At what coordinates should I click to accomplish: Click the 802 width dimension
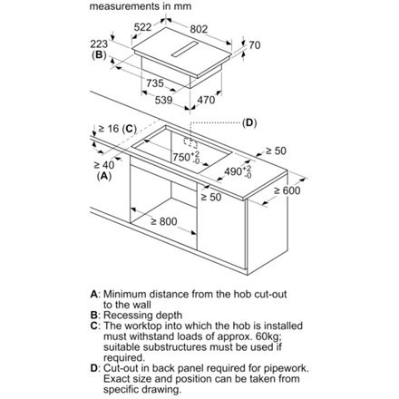pos(199,29)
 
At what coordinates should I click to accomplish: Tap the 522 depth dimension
pos(142,27)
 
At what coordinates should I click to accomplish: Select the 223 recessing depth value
pos(99,44)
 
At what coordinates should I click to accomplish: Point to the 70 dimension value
pos(255,45)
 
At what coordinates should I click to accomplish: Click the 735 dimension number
pos(155,83)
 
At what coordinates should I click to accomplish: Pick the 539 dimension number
pos(163,100)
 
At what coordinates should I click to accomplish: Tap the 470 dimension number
pos(206,100)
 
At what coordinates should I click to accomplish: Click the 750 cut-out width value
pos(181,157)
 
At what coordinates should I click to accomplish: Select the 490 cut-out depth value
pos(233,171)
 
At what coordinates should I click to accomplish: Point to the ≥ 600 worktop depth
pos(287,190)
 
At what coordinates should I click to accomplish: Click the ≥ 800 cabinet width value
pos(164,221)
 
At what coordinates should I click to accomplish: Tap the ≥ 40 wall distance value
pos(104,165)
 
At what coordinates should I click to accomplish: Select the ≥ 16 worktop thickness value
pos(109,129)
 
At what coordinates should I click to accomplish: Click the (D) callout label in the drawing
pos(249,122)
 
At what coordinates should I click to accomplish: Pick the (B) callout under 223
pos(99,54)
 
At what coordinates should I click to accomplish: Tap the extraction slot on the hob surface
pos(185,49)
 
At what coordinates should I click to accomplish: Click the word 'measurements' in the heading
pos(126,6)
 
